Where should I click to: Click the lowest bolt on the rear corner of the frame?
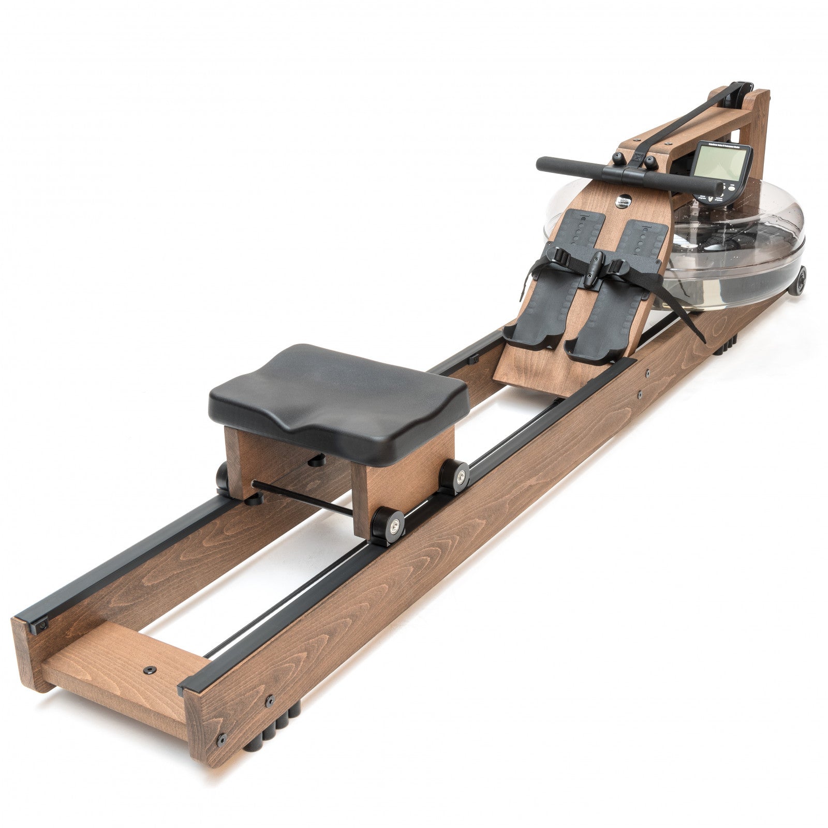[x=222, y=737]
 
